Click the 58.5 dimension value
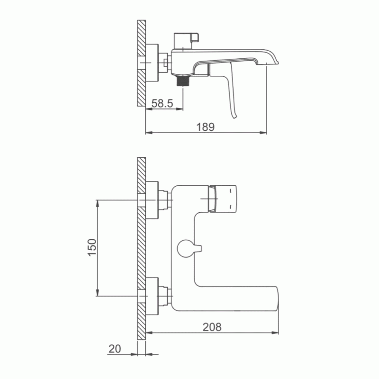coord(162,103)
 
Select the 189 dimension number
coord(206,127)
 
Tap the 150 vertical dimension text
coord(92,247)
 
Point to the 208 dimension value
coord(212,327)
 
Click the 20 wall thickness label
coord(115,349)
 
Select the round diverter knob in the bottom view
coord(186,248)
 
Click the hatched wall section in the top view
coord(141,63)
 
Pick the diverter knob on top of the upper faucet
coord(186,41)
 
